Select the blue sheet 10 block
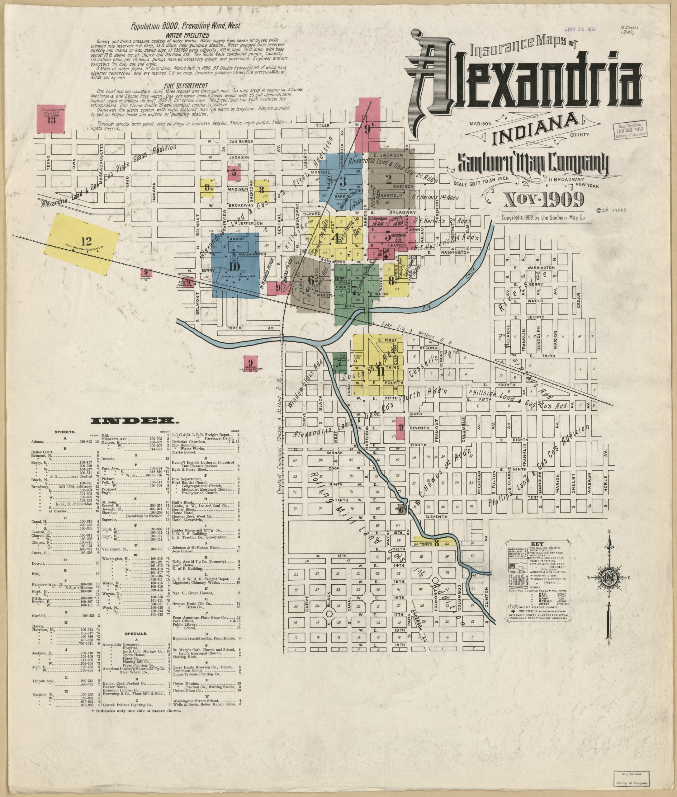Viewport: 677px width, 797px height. pos(234,266)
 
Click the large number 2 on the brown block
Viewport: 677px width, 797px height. pos(388,178)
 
